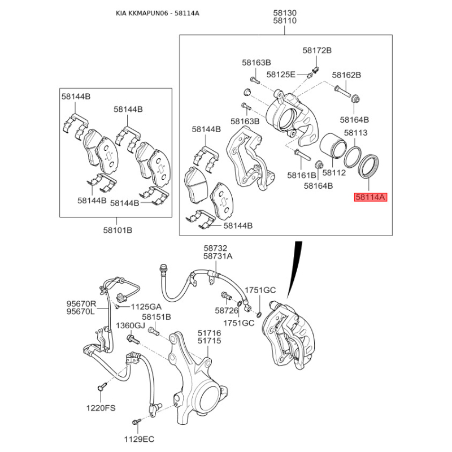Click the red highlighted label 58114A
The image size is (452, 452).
371,197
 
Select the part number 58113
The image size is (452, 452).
356,133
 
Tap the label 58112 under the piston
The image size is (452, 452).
334,173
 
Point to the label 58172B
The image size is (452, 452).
317,50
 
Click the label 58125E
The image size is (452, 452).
281,75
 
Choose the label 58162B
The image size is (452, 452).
346,75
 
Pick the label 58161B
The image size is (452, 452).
302,175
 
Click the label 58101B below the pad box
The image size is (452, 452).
118,231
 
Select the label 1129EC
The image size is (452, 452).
139,439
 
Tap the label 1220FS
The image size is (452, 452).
101,408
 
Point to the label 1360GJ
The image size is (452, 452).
131,325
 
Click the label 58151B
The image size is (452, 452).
157,317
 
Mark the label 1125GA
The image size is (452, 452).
146,307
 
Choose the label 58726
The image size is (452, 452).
227,310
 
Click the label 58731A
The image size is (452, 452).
218,256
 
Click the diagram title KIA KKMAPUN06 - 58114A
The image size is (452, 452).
158,13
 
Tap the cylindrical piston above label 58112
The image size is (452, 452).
333,146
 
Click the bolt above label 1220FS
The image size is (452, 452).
102,386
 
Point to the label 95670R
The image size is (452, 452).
81,303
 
